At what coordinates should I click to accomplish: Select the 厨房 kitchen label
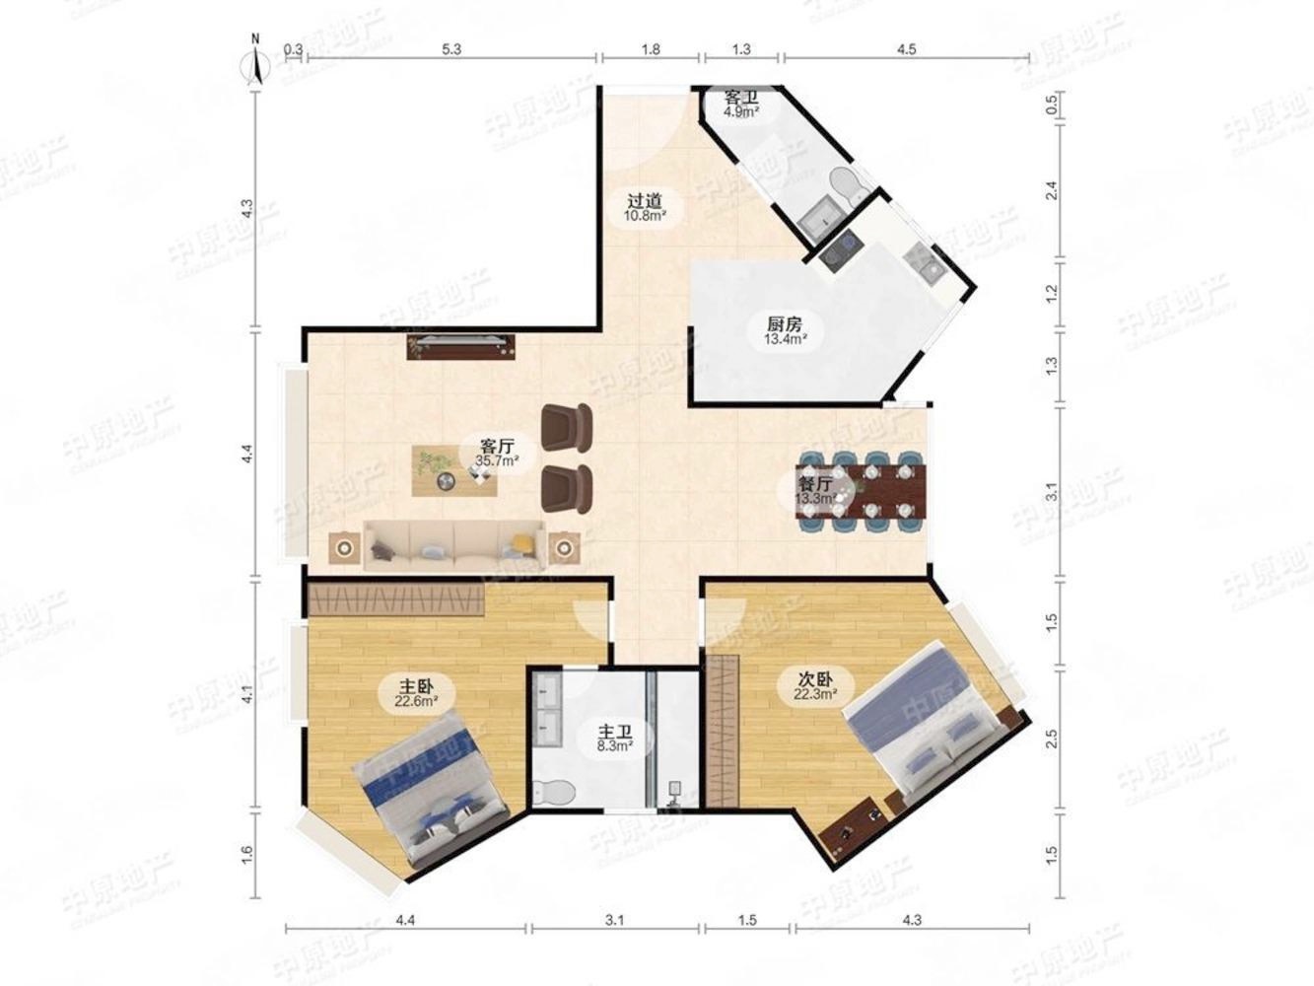point(785,323)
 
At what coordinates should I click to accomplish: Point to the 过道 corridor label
point(644,199)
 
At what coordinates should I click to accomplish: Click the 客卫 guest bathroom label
point(741,97)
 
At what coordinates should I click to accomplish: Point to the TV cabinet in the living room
point(461,347)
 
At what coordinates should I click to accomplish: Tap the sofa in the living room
point(455,544)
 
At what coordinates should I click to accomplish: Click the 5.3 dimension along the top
point(451,48)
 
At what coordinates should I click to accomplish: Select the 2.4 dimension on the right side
point(1051,191)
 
